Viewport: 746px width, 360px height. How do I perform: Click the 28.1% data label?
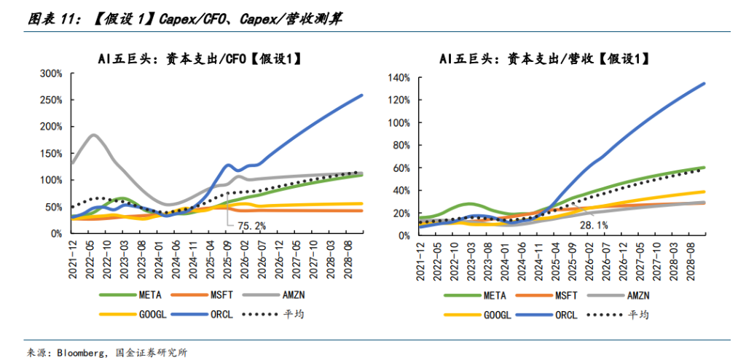(x=594, y=224)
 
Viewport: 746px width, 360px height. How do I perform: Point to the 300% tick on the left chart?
(x=50, y=74)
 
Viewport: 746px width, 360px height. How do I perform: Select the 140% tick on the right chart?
(x=401, y=77)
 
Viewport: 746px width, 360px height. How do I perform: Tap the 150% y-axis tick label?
(x=50, y=153)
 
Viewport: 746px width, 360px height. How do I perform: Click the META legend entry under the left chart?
(x=142, y=295)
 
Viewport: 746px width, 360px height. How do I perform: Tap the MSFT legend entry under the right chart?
(x=568, y=295)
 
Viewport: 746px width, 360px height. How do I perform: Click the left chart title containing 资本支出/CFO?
(x=200, y=59)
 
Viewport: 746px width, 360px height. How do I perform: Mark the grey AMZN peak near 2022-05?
(x=94, y=135)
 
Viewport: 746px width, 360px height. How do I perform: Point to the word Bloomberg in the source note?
(x=79, y=352)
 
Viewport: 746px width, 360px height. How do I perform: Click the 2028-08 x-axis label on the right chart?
(x=689, y=261)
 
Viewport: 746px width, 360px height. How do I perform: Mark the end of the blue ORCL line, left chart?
(x=362, y=95)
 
